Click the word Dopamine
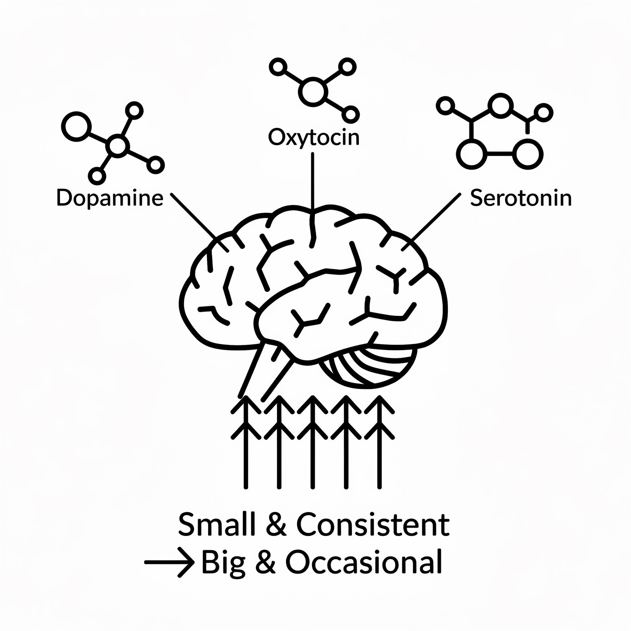point(110,199)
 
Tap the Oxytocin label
point(313,138)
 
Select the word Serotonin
point(521,199)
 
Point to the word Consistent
point(373,525)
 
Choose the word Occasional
point(363,563)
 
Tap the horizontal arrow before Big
point(169,562)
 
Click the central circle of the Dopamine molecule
point(117,146)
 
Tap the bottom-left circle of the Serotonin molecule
point(471,154)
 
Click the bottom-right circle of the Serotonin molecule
point(527,154)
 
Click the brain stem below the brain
point(267,368)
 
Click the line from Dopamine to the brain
point(193,217)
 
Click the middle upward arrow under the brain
point(312,443)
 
